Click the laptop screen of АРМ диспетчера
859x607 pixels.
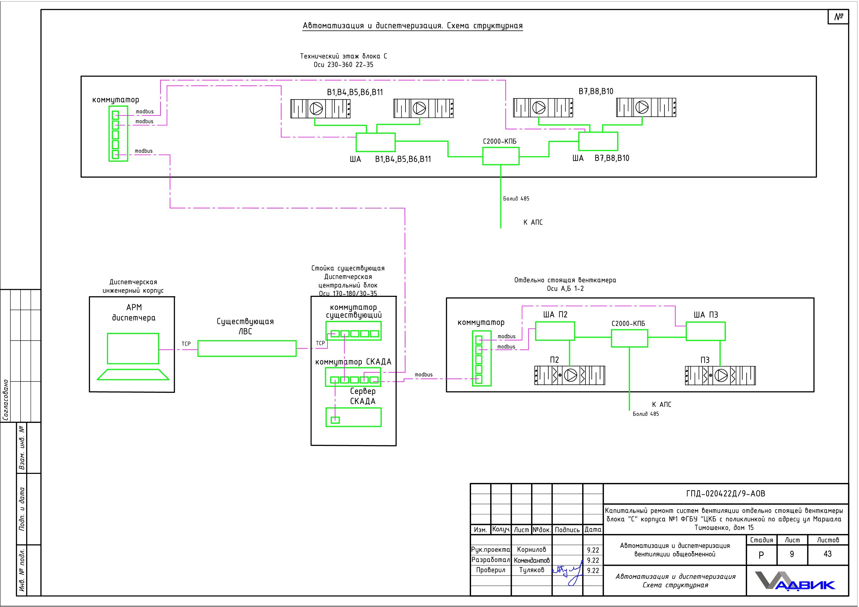coord(133,348)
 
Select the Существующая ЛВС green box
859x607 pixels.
coord(247,348)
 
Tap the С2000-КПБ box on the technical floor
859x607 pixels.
coord(501,156)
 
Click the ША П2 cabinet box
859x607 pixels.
coord(555,331)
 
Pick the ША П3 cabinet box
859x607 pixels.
coord(706,331)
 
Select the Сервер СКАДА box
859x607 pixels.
coord(354,417)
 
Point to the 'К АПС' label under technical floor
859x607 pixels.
coord(533,222)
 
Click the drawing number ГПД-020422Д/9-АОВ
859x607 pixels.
coord(726,494)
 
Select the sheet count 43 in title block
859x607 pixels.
coord(828,554)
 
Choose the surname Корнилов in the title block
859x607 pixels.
coord(531,549)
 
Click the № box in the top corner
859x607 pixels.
coord(838,17)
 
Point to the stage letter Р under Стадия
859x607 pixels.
coord(761,555)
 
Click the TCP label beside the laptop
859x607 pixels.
coord(186,344)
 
